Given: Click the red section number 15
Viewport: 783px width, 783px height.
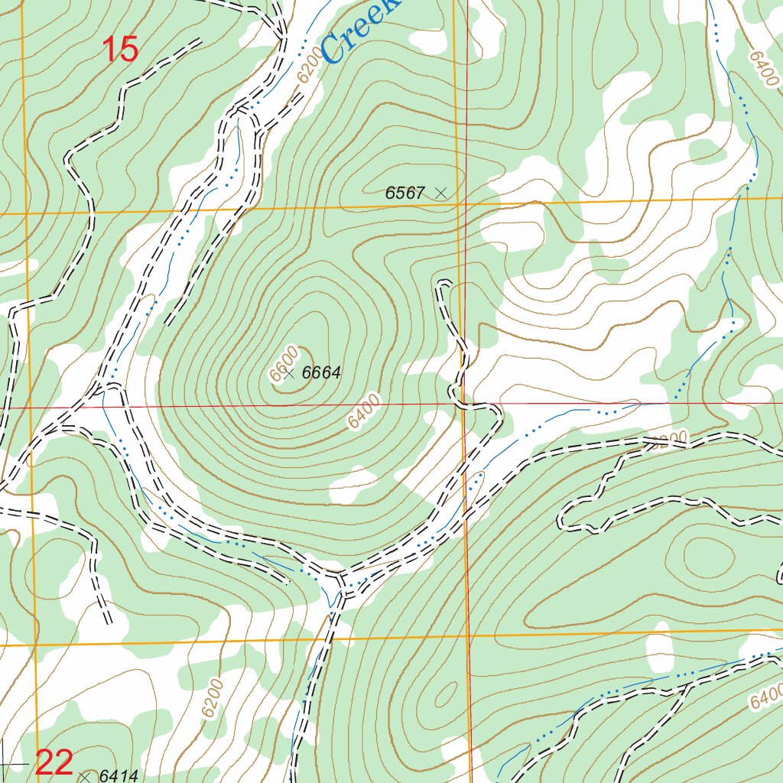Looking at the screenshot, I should (120, 50).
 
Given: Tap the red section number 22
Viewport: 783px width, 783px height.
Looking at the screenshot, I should (55, 762).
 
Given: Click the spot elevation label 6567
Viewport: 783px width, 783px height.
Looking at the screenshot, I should (404, 193).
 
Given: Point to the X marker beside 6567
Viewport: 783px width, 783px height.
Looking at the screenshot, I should (440, 193).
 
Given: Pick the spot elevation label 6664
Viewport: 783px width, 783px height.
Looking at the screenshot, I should (321, 373).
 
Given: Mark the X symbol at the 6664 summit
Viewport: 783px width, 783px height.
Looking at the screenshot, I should (288, 373).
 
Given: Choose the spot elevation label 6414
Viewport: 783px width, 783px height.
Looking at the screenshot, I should (119, 776).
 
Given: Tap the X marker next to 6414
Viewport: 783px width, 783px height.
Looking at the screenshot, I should (85, 776).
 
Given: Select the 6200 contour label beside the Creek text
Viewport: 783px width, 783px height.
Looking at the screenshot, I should (307, 71).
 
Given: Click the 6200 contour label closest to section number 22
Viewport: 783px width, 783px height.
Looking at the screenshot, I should (213, 697).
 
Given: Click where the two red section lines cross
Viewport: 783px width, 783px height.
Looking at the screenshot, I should (463, 404).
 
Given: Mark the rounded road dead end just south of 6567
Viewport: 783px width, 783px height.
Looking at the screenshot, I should (442, 284).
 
